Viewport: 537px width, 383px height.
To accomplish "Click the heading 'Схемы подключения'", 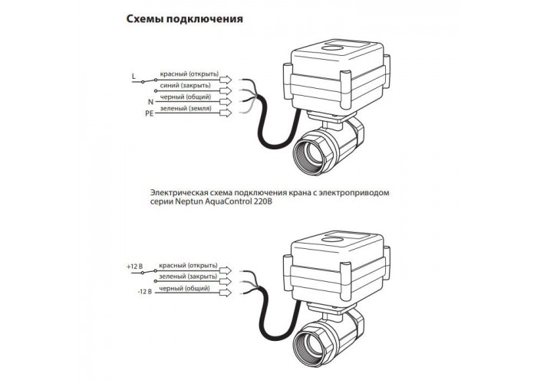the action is pyautogui.click(x=185, y=19).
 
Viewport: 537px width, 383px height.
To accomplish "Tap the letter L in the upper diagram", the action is pyautogui.click(x=134, y=77).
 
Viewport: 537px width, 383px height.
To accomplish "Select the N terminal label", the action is pyautogui.click(x=150, y=102).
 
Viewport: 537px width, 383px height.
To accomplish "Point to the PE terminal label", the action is pyautogui.click(x=150, y=113).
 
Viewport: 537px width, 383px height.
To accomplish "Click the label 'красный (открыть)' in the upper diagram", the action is pyautogui.click(x=189, y=74).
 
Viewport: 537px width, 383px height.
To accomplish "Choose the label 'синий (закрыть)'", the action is pyautogui.click(x=186, y=86).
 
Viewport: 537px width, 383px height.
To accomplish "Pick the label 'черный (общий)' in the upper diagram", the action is pyautogui.click(x=186, y=97).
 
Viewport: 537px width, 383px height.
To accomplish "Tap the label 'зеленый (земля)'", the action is pyautogui.click(x=186, y=109).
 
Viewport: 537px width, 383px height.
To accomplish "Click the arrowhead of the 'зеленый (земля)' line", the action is pyautogui.click(x=226, y=113).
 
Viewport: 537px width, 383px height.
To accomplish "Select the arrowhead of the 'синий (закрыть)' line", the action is pyautogui.click(x=226, y=90).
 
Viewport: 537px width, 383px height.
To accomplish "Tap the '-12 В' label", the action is pyautogui.click(x=144, y=292).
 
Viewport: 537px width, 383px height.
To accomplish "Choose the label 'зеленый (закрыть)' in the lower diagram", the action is pyautogui.click(x=188, y=277).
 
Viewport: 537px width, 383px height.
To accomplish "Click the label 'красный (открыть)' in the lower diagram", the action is pyautogui.click(x=188, y=266).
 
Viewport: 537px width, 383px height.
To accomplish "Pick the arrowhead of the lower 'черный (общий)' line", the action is pyautogui.click(x=226, y=293).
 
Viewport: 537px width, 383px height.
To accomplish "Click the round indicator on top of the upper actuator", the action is pyautogui.click(x=333, y=48).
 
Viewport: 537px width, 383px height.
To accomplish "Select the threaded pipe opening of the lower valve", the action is pyautogui.click(x=313, y=345).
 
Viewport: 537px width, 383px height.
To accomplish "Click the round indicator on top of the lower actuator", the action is pyautogui.click(x=333, y=240).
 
